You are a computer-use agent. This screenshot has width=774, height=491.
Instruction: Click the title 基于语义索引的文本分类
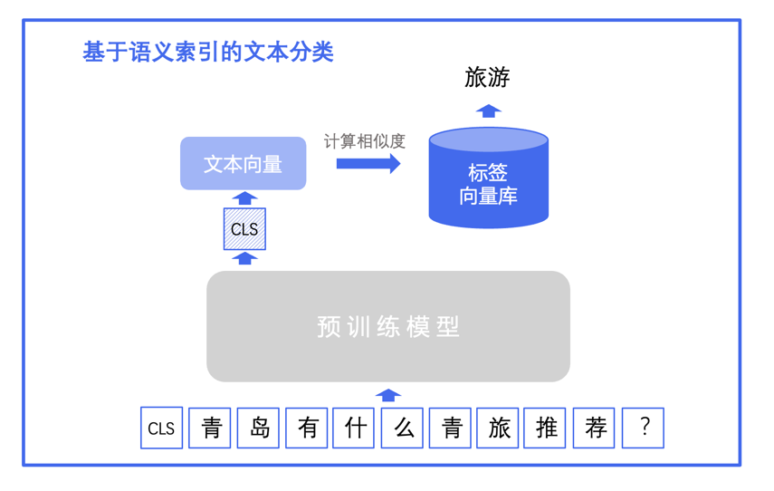click(x=208, y=52)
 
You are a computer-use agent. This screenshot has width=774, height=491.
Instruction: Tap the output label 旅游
click(x=487, y=78)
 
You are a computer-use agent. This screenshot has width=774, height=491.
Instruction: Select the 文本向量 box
click(x=244, y=163)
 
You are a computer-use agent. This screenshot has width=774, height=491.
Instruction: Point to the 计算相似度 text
click(x=364, y=141)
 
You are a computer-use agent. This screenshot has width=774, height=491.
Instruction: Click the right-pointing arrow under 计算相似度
click(x=368, y=164)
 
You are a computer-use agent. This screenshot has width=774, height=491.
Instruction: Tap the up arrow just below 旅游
click(x=488, y=111)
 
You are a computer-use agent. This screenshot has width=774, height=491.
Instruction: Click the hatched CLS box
click(x=244, y=229)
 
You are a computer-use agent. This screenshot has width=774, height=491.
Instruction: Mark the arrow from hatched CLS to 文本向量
click(x=244, y=197)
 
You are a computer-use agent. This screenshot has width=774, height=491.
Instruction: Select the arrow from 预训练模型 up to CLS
click(x=244, y=258)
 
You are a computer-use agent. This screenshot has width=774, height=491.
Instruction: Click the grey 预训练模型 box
click(x=387, y=326)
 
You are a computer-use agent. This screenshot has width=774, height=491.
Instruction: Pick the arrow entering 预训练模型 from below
click(x=388, y=394)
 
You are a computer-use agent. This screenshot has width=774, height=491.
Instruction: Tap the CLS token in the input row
click(x=161, y=428)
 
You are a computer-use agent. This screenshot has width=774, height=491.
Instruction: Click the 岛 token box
click(x=259, y=428)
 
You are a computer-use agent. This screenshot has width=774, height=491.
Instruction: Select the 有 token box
click(x=307, y=428)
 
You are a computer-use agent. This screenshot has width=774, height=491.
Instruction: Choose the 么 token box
click(x=403, y=428)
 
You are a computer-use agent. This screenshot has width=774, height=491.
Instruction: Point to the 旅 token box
click(x=499, y=428)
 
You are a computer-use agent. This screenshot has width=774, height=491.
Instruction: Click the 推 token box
click(x=546, y=428)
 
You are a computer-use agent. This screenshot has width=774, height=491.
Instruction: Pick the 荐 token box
click(x=595, y=428)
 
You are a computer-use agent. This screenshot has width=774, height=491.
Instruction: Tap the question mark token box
click(x=644, y=428)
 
